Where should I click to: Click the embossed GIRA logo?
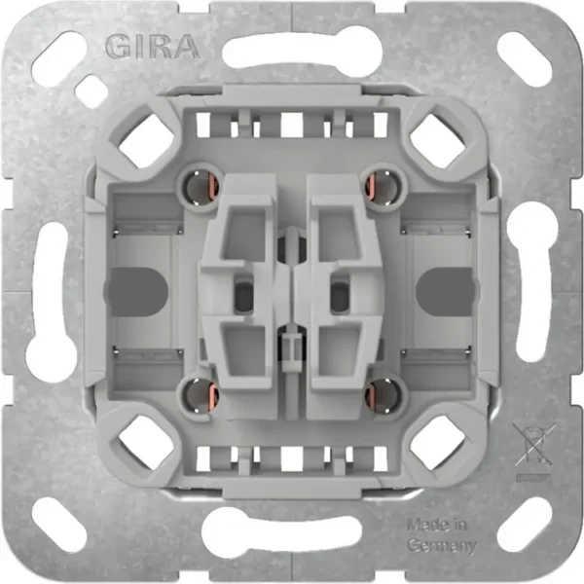[x=152, y=47]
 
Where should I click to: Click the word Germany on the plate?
[x=442, y=546]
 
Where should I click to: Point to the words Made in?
[x=437, y=526]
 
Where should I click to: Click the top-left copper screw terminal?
[x=201, y=187]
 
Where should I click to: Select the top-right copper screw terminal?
[x=381, y=187]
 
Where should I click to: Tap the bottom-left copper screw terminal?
[x=201, y=395]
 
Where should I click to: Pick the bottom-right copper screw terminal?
[x=381, y=395]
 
